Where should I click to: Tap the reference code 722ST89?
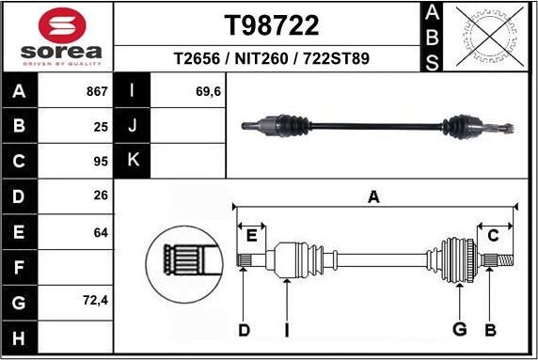[x=336, y=58]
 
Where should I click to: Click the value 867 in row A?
[x=97, y=92]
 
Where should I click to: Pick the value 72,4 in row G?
[x=95, y=301]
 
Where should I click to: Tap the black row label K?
[x=132, y=161]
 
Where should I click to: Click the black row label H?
[x=18, y=337]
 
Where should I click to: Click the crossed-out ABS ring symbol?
[x=487, y=37]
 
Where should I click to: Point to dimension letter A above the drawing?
[x=373, y=196]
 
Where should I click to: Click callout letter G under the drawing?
[x=459, y=330]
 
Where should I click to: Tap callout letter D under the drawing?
[x=244, y=330]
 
